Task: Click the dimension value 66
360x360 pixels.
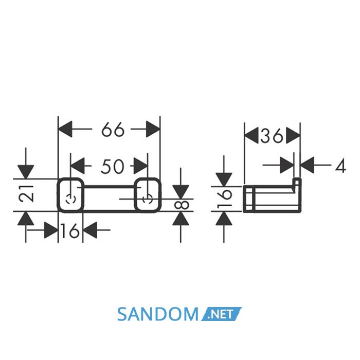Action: pos(113,130)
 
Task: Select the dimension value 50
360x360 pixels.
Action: pos(113,166)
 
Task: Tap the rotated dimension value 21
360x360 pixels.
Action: pos(26,194)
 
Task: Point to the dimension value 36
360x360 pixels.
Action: pos(272,136)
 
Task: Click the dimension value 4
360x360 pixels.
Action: pos(340,166)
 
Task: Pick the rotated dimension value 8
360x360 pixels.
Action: pos(182,205)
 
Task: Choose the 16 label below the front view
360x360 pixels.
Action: pos(70,231)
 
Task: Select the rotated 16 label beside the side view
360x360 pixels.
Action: pos(224,199)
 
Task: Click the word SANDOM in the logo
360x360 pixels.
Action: pos(158,314)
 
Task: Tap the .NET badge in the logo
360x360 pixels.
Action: pos(222,314)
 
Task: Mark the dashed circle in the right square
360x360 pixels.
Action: pos(148,199)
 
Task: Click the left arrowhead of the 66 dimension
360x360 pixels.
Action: pos(65,129)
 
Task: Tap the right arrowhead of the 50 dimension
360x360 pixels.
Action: pos(140,166)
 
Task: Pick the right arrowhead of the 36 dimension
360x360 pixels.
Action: pos(293,135)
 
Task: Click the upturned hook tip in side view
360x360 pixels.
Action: pos(297,182)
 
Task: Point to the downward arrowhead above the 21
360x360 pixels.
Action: pos(26,172)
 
